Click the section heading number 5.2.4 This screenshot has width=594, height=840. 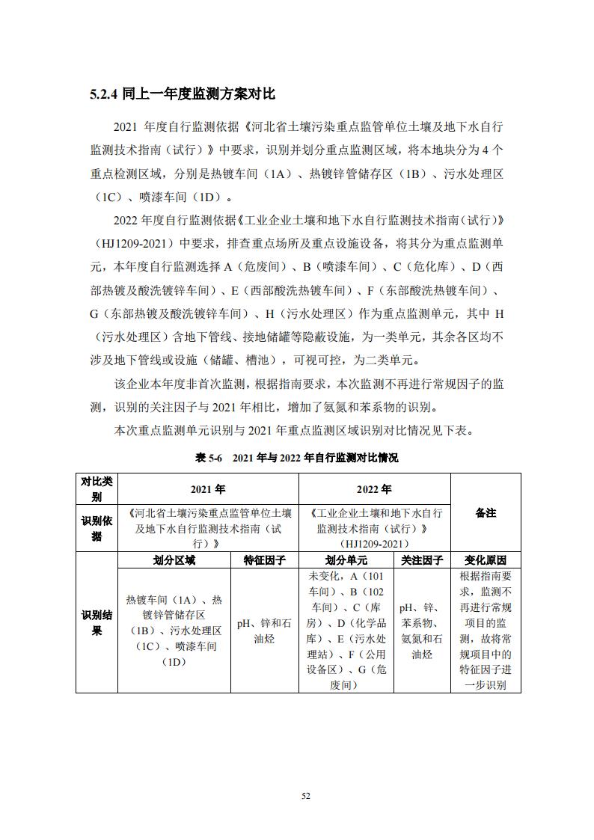(x=104, y=94)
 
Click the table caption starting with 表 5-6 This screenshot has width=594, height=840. (x=297, y=458)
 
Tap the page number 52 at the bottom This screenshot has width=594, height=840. (x=305, y=795)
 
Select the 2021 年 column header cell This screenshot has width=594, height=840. (x=208, y=489)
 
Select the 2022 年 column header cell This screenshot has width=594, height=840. (x=374, y=489)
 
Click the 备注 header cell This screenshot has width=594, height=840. (x=486, y=513)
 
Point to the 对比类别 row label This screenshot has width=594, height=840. (x=97, y=489)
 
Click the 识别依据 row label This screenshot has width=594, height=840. (x=97, y=528)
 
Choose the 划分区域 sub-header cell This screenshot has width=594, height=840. (x=174, y=560)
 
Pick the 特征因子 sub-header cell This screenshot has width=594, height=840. (x=265, y=560)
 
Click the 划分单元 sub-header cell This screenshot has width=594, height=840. (x=346, y=560)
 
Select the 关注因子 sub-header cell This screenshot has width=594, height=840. (x=422, y=560)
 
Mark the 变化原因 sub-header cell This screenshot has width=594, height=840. (x=486, y=560)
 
